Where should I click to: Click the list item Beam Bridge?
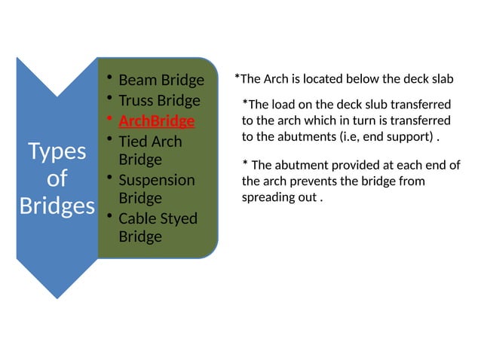[x=161, y=81]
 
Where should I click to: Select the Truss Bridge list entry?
[x=159, y=101]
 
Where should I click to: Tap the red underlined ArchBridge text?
[x=156, y=121]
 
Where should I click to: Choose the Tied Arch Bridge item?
[x=150, y=151]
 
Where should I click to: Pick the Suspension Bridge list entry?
[x=156, y=189]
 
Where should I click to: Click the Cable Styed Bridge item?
[x=158, y=227]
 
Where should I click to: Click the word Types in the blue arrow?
[x=57, y=151]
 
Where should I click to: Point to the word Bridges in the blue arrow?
[x=57, y=206]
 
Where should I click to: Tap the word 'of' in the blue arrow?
[x=57, y=178]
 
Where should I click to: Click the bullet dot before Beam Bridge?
[x=109, y=78]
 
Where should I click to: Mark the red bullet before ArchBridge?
[x=109, y=119]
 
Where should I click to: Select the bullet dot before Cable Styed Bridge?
[x=109, y=217]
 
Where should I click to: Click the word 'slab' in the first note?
[x=441, y=78]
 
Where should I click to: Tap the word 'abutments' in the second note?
[x=372, y=138]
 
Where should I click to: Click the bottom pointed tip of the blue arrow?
[x=57, y=298]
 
